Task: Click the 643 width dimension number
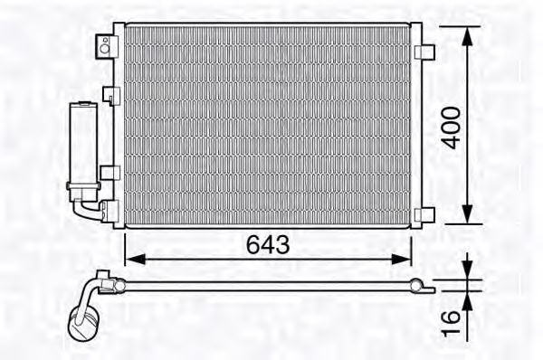(268, 244)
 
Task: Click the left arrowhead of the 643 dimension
(135, 259)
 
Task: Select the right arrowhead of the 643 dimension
(401, 259)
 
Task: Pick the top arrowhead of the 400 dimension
(468, 36)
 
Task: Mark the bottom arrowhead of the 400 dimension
(468, 214)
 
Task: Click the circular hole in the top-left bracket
(104, 49)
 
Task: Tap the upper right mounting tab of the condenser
(425, 52)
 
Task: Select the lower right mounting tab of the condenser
(425, 215)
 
